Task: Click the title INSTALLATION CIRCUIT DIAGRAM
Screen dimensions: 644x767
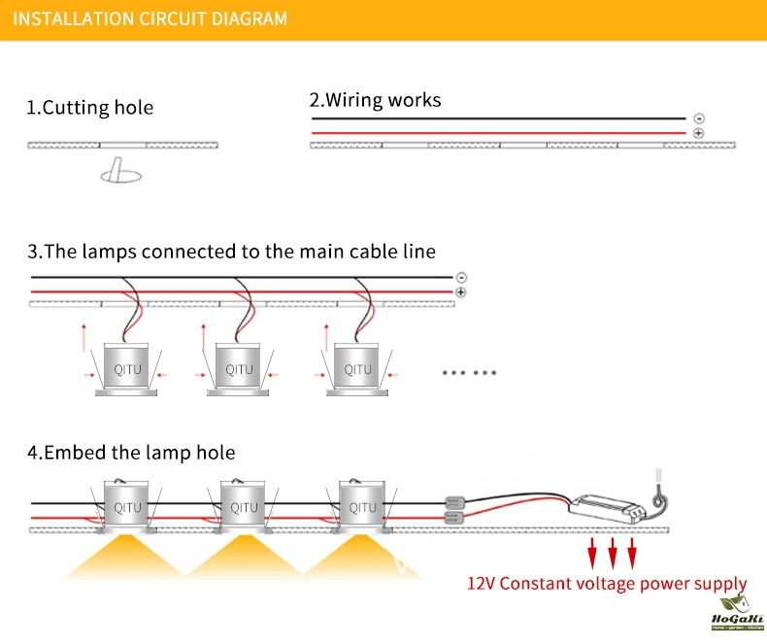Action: [x=150, y=18]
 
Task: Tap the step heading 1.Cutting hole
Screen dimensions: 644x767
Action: [x=89, y=107]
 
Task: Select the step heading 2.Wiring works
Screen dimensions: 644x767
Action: [x=375, y=99]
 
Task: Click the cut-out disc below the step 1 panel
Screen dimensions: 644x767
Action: [x=120, y=175]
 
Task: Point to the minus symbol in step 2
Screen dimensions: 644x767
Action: [x=699, y=118]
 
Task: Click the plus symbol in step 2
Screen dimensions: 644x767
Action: [x=699, y=132]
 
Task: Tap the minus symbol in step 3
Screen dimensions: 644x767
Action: [x=461, y=277]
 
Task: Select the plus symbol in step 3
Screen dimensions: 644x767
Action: [x=461, y=291]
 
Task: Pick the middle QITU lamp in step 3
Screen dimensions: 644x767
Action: [x=240, y=368]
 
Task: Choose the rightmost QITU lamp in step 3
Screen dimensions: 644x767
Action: [x=358, y=368]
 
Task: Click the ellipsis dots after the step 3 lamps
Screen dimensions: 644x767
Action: [x=469, y=373]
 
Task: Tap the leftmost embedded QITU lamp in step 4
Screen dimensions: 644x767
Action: [x=127, y=506]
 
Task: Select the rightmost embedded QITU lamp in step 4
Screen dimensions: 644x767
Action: [x=362, y=506]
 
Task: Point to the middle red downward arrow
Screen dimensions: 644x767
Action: [x=613, y=555]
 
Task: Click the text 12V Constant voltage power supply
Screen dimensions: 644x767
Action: [x=607, y=585]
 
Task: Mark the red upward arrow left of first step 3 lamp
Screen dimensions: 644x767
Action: [x=84, y=336]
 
